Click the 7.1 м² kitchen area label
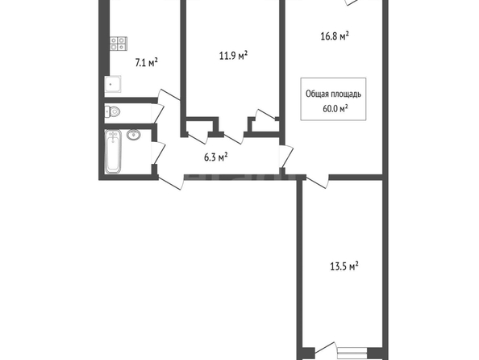point(146,63)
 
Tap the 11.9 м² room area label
point(233,56)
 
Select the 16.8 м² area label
point(335,36)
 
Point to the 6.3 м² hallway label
point(215,157)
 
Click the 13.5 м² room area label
point(344,266)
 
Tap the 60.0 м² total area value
point(335,108)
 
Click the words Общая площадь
point(333,94)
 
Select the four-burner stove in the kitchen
point(119,44)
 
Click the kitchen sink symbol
point(113,84)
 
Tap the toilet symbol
point(112,111)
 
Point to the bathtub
point(113,152)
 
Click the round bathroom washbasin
point(134,135)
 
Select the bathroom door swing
point(159,153)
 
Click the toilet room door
point(158,114)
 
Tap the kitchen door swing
point(169,94)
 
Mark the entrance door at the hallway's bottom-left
point(170,182)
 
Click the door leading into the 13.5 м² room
point(318,182)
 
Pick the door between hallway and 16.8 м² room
point(286,157)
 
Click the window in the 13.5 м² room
point(352,354)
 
